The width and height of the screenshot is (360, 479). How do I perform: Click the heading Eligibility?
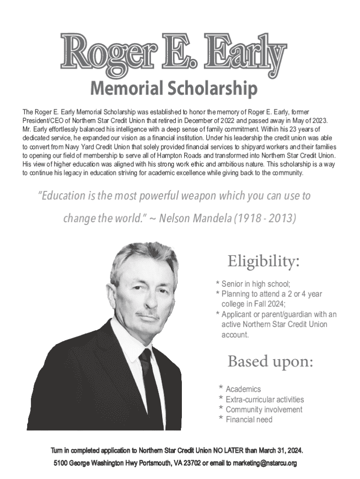[x=263, y=261]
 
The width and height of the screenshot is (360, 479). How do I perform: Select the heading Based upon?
[x=270, y=362]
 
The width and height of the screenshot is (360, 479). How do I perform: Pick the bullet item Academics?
[x=243, y=389]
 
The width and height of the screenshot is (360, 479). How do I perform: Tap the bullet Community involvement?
[x=264, y=410]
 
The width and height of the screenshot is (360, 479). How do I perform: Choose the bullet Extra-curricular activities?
[x=265, y=399]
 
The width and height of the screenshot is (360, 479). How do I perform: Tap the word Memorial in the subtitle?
[x=122, y=88]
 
